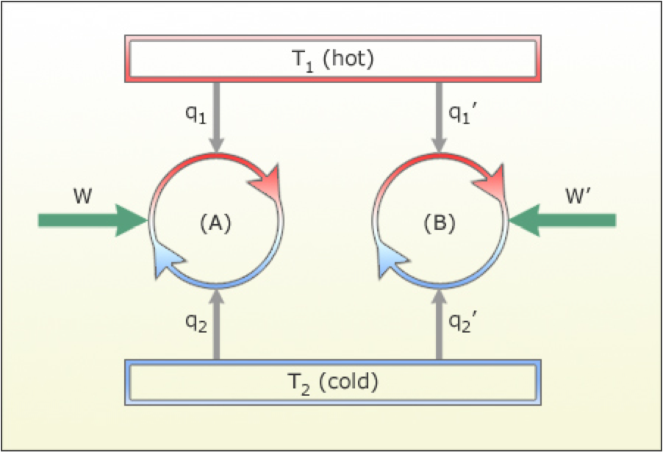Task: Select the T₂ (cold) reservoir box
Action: [333, 381]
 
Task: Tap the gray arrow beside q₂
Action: [216, 323]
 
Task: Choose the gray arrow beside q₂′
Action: [440, 323]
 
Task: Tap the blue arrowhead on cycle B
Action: [392, 260]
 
